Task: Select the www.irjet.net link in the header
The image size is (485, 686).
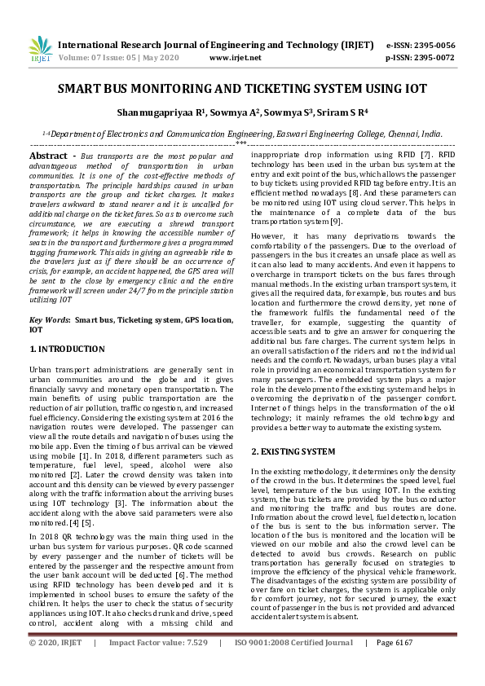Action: click(x=236, y=58)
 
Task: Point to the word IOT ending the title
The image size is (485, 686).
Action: click(x=415, y=90)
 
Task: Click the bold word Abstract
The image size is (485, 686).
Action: click(x=48, y=155)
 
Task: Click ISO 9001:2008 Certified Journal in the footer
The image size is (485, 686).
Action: click(x=294, y=665)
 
